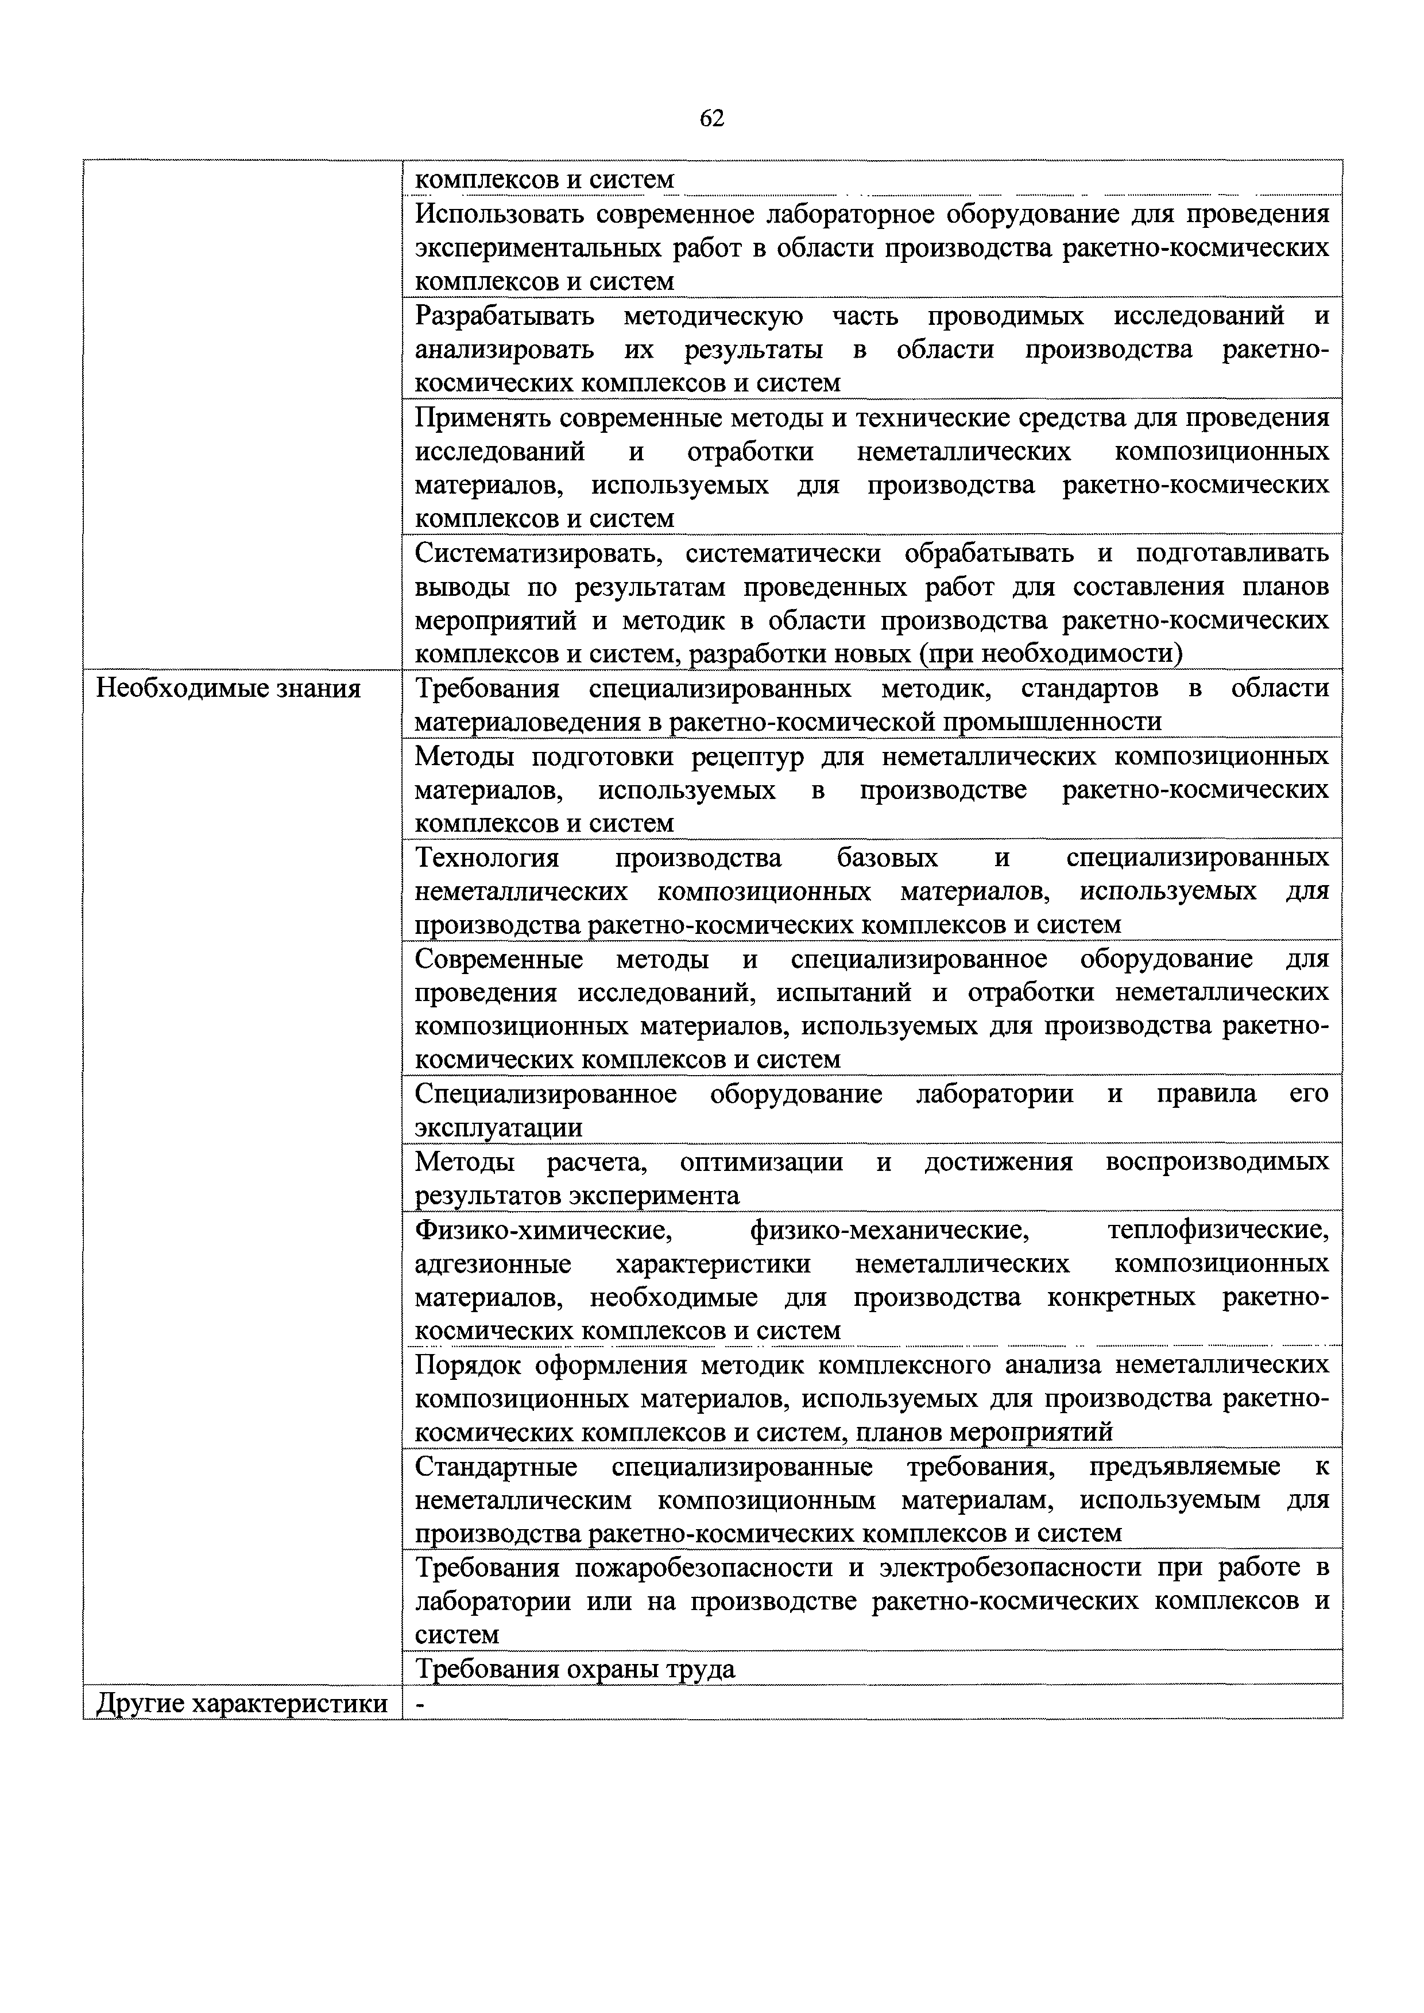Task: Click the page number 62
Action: tap(712, 118)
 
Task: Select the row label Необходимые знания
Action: tap(228, 689)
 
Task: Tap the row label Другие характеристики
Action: tap(241, 1704)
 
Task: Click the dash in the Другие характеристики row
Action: tap(419, 1704)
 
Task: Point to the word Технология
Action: tap(487, 858)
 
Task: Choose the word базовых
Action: tap(887, 858)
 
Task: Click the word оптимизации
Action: tap(761, 1162)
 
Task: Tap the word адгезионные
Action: tap(493, 1265)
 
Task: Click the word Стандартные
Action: tap(496, 1467)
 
